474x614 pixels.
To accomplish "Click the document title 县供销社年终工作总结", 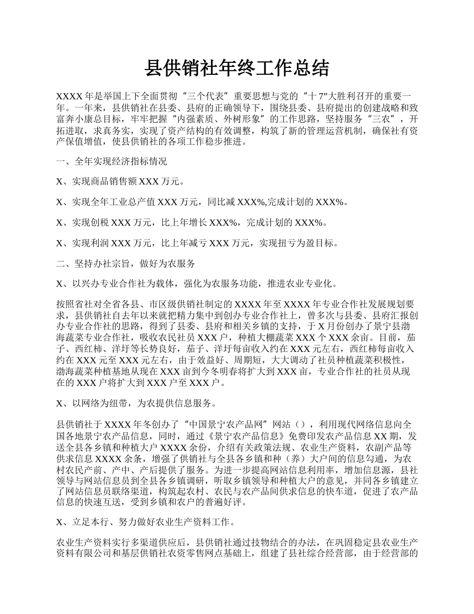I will click(237, 68).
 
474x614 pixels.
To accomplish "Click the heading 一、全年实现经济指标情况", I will click(112, 162).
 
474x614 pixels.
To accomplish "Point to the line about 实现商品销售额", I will click(120, 182).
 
